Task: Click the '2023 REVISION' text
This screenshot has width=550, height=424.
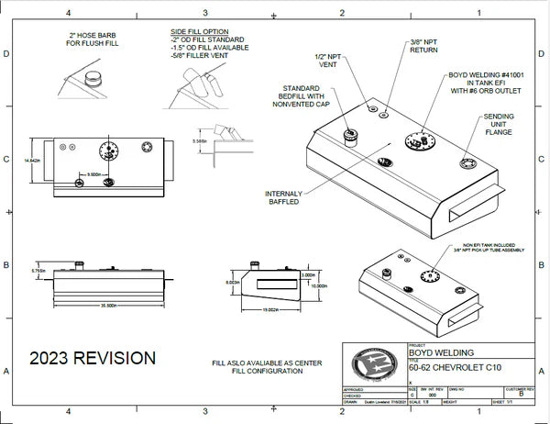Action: [91, 357]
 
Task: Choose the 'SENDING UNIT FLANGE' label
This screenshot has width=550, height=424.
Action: [499, 124]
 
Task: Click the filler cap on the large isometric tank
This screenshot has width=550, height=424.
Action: [349, 136]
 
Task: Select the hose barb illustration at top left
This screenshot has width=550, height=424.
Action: [93, 79]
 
